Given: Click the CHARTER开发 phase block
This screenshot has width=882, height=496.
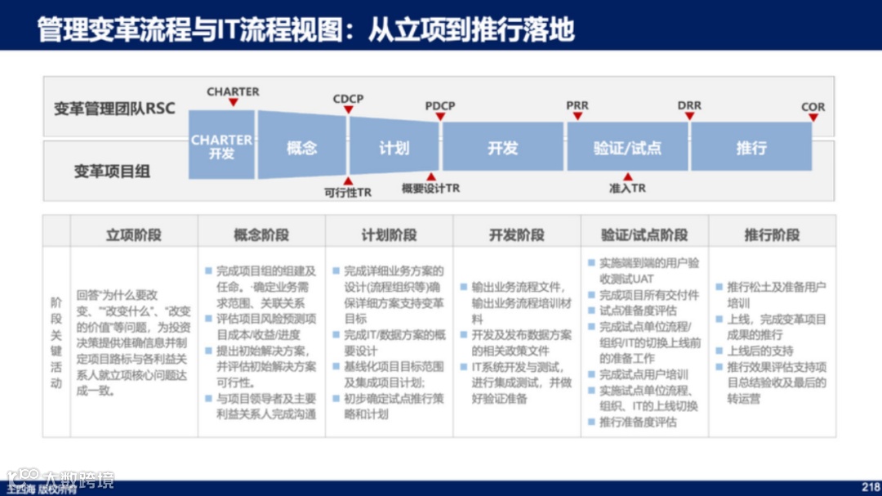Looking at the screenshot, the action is (x=221, y=145).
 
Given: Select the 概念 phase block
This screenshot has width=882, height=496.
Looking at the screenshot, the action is (x=302, y=148).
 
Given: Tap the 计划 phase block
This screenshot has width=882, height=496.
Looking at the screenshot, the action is (x=394, y=148).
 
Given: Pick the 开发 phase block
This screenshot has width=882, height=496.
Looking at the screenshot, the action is (x=502, y=148).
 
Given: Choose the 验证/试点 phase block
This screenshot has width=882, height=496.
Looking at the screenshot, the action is (x=627, y=148).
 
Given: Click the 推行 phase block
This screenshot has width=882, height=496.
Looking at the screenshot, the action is (x=751, y=148).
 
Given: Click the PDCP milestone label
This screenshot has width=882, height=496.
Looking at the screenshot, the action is (x=440, y=106).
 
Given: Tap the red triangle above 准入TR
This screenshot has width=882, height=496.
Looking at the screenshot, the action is (x=627, y=177).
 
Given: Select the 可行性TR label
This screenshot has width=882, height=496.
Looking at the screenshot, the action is (x=348, y=193).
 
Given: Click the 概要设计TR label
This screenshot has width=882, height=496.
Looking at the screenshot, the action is (x=430, y=189).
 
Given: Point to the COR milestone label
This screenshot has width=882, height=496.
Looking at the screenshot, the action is (x=813, y=107).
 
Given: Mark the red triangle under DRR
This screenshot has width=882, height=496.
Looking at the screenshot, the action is (x=689, y=117).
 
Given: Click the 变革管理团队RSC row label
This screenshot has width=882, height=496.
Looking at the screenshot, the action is (x=114, y=109).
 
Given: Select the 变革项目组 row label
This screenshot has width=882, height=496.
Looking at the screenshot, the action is (x=113, y=172).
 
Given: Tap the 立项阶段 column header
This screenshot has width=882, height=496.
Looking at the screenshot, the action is (x=134, y=235).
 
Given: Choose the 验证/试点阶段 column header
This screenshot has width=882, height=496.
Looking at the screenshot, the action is (x=644, y=235).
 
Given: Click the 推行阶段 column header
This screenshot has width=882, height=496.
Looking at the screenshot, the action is (x=772, y=235).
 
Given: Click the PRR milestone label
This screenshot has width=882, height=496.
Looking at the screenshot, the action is (x=577, y=106).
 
